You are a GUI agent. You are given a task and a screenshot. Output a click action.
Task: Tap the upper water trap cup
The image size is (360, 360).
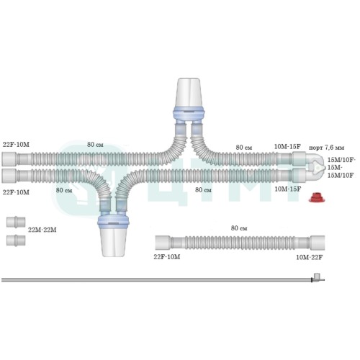(189, 93)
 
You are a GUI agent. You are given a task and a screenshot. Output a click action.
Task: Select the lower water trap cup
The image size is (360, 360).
(113, 242)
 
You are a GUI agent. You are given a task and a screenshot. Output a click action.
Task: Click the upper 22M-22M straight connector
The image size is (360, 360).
(16, 222)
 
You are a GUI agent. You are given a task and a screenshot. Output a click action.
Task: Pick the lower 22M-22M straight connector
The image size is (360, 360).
(16, 240)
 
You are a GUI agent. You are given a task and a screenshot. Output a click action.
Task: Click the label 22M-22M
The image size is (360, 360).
(42, 230)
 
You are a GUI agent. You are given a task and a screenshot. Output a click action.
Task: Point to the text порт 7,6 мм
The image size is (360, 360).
(326, 148)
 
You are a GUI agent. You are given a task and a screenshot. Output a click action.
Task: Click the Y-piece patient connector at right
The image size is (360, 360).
(315, 167)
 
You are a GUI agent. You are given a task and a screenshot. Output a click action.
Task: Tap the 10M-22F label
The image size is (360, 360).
(309, 257)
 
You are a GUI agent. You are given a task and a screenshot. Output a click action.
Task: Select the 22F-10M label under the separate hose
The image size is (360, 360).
(167, 257)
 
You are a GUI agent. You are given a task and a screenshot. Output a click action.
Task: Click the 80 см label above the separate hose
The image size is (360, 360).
(239, 228)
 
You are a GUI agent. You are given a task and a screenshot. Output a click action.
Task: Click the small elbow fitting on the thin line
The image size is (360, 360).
(318, 277)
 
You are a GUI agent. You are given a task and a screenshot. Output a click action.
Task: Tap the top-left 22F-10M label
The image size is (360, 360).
(16, 145)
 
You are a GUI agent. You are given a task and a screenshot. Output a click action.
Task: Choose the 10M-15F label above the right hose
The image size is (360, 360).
(287, 147)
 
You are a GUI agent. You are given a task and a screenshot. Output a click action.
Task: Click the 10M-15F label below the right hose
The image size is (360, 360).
(287, 189)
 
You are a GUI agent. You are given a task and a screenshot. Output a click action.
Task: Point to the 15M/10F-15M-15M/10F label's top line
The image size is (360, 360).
(341, 160)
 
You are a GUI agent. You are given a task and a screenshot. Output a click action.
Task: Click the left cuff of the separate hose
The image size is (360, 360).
(163, 243)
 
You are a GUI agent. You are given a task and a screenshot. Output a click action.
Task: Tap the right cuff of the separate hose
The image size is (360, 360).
(317, 243)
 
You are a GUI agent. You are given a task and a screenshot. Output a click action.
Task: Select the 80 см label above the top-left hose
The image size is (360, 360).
(95, 145)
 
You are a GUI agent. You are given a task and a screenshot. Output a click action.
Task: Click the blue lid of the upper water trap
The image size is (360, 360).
(189, 113)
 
